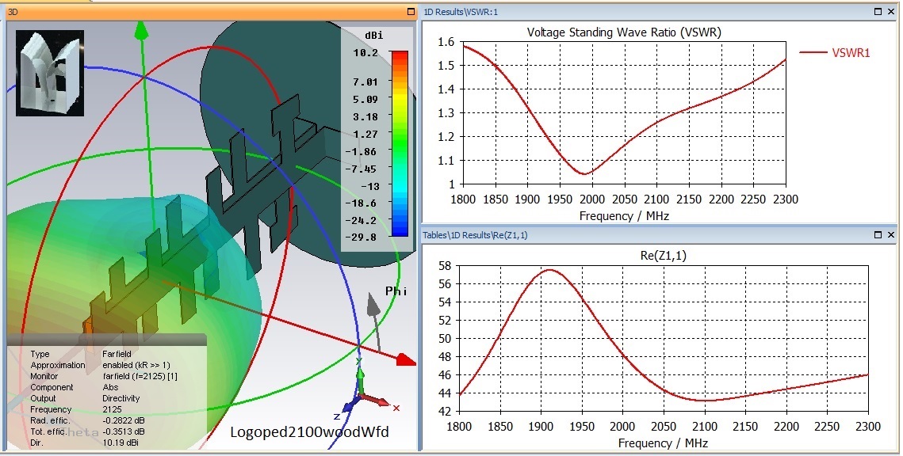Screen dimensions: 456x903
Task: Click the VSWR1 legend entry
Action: click(851, 53)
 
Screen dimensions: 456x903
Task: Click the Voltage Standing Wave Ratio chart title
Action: click(624, 32)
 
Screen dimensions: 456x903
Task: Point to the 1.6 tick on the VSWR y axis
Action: click(446, 42)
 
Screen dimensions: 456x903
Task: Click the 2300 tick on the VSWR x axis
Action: click(785, 199)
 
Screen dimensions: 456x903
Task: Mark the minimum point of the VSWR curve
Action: click(585, 174)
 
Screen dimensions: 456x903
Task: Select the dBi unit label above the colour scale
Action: click(373, 36)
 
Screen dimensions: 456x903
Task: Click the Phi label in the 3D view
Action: click(396, 291)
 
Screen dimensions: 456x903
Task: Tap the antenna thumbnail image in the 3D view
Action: click(49, 73)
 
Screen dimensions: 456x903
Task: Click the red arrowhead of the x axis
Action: click(405, 360)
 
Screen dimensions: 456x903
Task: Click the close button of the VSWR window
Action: click(890, 12)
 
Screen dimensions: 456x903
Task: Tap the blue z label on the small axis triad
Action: click(337, 416)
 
